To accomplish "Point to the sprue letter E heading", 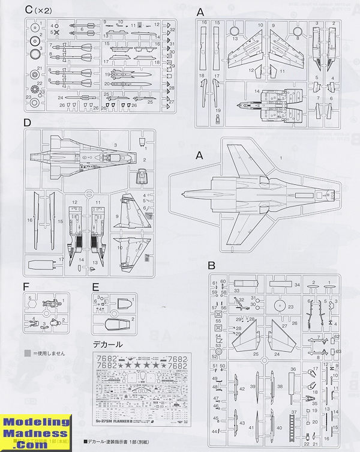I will pos(95,286).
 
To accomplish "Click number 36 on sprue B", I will pos(293,370).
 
